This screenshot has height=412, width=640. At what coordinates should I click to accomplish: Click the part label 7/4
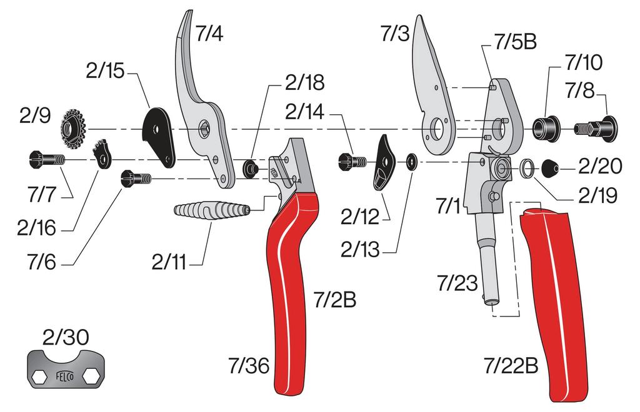209,34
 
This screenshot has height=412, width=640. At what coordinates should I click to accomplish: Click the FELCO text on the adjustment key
66,377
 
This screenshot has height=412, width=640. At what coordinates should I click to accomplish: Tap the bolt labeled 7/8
597,129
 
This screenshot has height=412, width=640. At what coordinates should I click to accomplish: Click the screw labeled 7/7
44,160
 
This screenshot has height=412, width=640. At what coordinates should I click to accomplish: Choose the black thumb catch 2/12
384,164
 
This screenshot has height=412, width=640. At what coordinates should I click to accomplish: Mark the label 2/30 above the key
65,338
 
